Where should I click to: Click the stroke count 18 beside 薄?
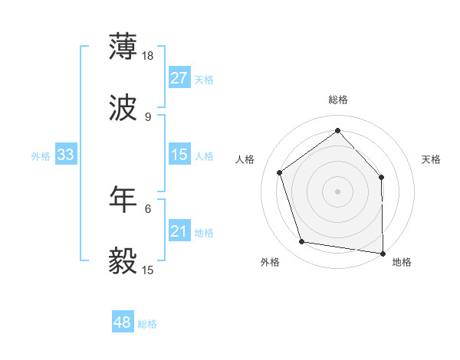click(149, 56)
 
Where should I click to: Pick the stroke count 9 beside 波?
click(147, 117)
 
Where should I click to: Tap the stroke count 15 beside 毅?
click(149, 270)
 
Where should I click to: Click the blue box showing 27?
click(179, 78)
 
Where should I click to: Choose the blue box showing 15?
click(179, 155)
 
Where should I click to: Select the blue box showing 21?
click(179, 231)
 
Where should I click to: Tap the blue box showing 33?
click(66, 155)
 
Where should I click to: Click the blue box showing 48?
click(123, 322)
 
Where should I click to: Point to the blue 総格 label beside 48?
click(147, 324)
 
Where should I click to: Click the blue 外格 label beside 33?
click(41, 156)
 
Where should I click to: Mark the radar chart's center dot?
click(337, 191)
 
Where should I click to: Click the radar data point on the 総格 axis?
click(337, 131)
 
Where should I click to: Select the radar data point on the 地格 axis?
click(383, 253)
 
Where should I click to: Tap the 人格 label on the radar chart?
click(245, 159)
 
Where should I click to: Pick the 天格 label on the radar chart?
click(431, 159)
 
